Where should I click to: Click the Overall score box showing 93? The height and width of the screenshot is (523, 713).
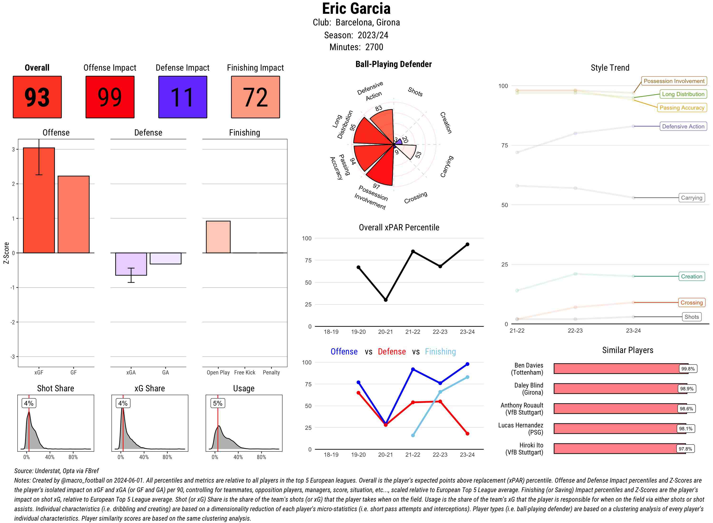[x=37, y=97]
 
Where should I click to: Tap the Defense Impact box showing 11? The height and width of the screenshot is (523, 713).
[x=183, y=97]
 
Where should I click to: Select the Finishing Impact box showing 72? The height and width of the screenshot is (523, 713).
[x=255, y=97]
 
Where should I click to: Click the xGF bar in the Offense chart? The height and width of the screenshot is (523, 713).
[x=39, y=200]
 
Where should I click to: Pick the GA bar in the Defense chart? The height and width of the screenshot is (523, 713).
[x=165, y=258]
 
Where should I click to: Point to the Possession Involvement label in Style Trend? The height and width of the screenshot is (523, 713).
[x=674, y=81]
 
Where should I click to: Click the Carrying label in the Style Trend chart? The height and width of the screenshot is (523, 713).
[x=691, y=198]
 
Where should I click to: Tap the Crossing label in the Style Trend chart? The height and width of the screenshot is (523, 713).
[x=691, y=303]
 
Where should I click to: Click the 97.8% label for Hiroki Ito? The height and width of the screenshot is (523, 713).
[x=685, y=449]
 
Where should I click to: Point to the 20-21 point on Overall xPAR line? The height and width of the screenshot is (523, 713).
[x=385, y=300]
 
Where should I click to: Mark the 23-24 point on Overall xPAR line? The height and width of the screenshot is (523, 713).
[x=467, y=244]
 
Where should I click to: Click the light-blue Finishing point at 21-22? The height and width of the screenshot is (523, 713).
[x=413, y=436]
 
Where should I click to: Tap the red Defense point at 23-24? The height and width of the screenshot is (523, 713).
[x=467, y=434]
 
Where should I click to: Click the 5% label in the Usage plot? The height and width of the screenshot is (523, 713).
[x=218, y=403]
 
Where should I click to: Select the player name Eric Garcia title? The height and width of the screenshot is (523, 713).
[x=356, y=9]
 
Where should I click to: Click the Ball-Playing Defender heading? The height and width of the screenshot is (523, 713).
[x=393, y=64]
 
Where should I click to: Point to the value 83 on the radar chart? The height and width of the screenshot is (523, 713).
[x=379, y=108]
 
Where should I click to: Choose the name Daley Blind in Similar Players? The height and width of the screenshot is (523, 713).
[x=529, y=389]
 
